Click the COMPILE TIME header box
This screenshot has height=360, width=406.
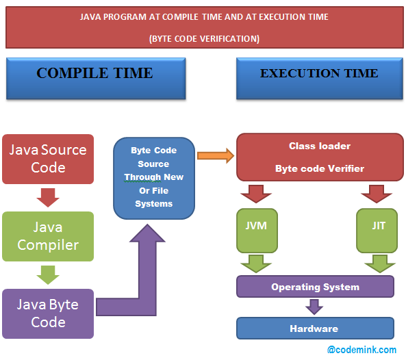coord(95,79)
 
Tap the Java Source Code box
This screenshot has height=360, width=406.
coord(48,159)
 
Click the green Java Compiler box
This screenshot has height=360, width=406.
coord(48,236)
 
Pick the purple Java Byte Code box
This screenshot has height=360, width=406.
coord(48,313)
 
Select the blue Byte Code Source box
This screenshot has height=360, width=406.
coord(153,177)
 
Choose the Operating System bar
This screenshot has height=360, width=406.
coord(315,287)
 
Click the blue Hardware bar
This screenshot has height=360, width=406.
coord(315,329)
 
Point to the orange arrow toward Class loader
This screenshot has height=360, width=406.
coord(215,155)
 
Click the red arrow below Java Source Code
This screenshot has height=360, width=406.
coord(48,197)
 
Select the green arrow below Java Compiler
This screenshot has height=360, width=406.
coord(48,274)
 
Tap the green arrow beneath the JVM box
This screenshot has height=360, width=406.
coord(256,263)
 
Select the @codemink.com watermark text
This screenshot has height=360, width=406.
coord(361,350)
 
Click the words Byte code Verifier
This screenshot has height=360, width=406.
coord(320,168)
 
